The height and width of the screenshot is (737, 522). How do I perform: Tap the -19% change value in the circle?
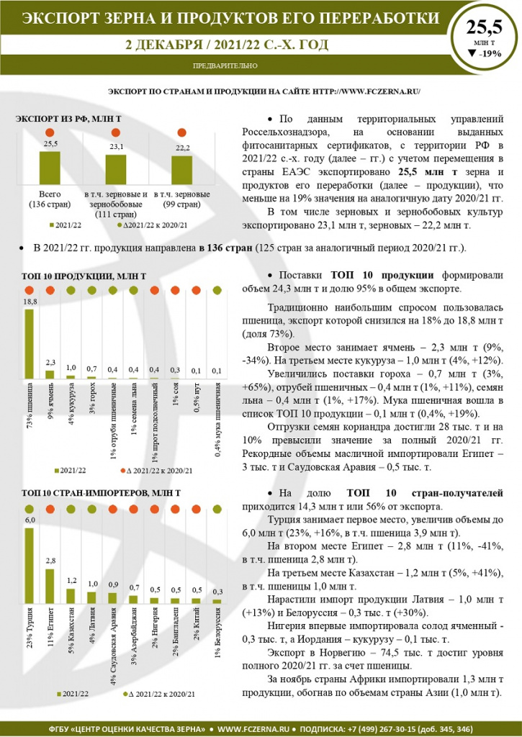pos(489,53)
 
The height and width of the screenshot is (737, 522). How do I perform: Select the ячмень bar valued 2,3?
pos(50,374)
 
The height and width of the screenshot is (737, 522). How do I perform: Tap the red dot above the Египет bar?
pos(50,510)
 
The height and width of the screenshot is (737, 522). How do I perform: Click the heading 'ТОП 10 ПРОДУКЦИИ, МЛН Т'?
pos(84,276)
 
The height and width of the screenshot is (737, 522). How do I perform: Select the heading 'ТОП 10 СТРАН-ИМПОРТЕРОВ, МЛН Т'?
pos(101,493)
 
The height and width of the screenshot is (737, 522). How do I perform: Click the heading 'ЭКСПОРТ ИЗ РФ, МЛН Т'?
pos(68,117)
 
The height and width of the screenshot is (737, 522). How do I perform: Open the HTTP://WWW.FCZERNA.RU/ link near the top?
pos(367,91)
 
